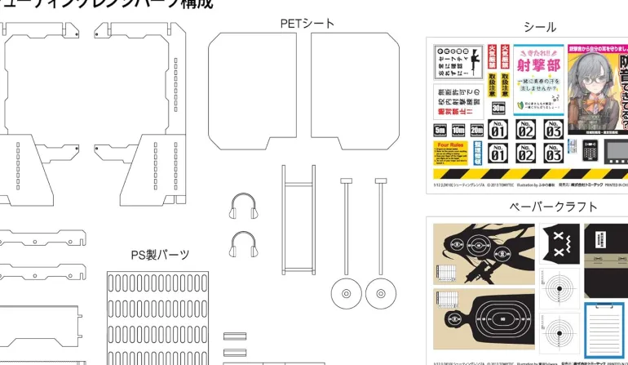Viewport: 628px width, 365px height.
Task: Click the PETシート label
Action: (307, 24)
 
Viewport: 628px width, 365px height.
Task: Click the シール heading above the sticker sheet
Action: (540, 27)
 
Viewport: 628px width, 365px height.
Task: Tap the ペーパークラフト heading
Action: (553, 207)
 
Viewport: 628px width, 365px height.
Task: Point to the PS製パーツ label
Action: (160, 255)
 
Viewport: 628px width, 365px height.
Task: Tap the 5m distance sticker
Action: (440, 130)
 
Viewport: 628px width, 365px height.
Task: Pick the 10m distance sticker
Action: (458, 130)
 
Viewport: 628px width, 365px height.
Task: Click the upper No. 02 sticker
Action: (526, 129)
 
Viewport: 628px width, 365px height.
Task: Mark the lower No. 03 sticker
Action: (553, 153)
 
